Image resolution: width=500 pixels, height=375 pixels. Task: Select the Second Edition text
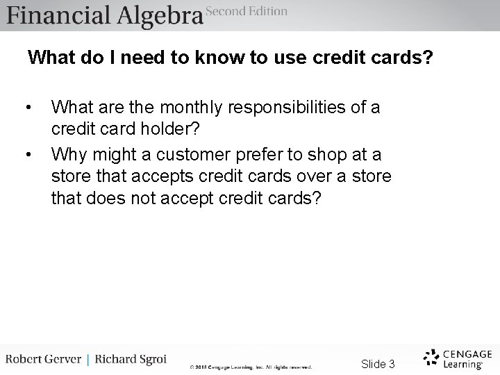pos(247,11)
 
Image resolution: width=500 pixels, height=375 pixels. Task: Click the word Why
pos(68,153)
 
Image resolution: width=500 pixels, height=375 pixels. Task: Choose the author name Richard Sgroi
pos(131,360)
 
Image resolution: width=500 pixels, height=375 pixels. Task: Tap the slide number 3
pos(392,364)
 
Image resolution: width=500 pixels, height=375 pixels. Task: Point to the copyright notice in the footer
pos(251,367)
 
